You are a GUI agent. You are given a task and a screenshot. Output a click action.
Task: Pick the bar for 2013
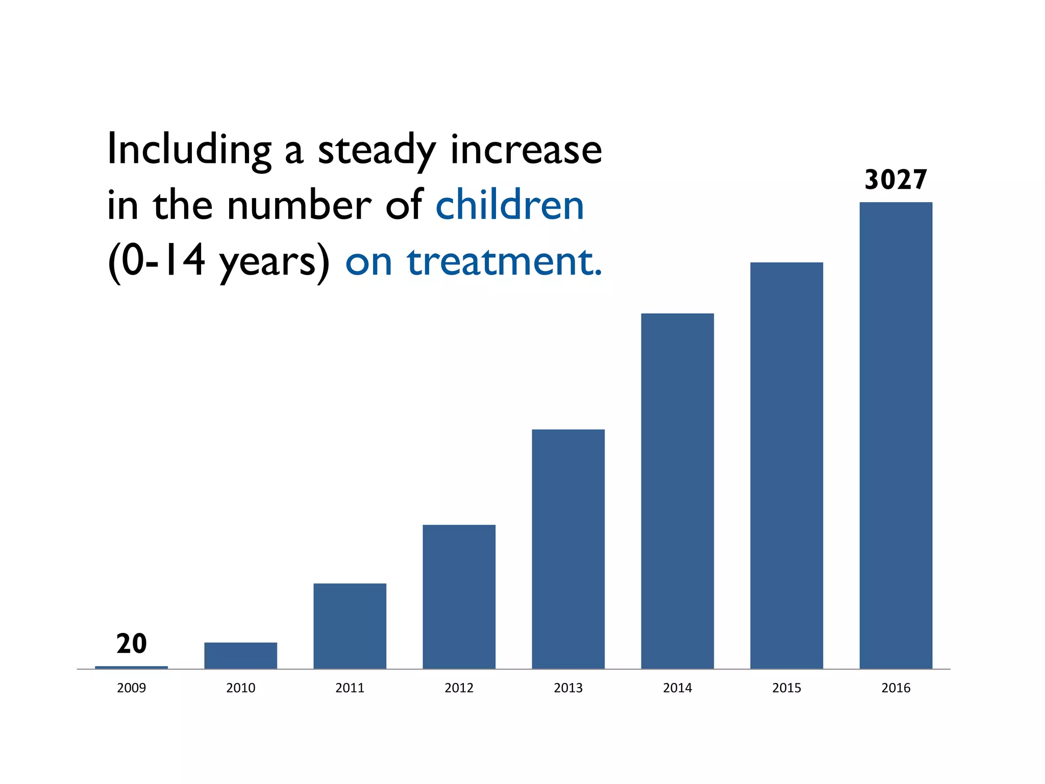click(568, 549)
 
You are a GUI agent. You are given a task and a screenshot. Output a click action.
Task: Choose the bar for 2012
click(459, 597)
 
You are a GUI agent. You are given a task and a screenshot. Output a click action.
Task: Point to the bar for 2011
click(350, 626)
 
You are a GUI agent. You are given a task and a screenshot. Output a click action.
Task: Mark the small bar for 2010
click(240, 655)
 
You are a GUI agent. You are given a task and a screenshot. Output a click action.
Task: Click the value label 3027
click(895, 180)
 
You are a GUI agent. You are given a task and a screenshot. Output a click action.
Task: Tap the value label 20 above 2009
click(131, 644)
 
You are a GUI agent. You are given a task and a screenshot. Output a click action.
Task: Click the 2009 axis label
click(131, 688)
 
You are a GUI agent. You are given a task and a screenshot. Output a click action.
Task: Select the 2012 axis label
click(459, 688)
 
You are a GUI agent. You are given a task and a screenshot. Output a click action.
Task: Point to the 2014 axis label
click(677, 688)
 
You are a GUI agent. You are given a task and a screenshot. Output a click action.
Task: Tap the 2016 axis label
click(895, 688)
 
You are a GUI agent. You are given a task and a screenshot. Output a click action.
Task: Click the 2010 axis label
click(240, 688)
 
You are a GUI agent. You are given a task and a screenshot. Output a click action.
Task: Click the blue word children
click(509, 205)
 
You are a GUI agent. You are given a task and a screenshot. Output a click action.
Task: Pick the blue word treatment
click(504, 261)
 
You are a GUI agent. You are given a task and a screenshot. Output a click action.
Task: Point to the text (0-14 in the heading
click(156, 261)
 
